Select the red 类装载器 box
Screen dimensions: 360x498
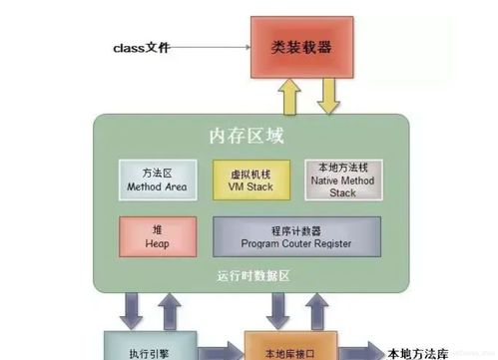coord(301,46)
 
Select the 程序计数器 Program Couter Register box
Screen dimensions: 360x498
coord(295,235)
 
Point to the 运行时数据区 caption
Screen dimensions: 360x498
coord(249,274)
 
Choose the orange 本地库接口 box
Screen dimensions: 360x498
coord(296,346)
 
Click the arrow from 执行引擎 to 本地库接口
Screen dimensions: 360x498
coord(222,351)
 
